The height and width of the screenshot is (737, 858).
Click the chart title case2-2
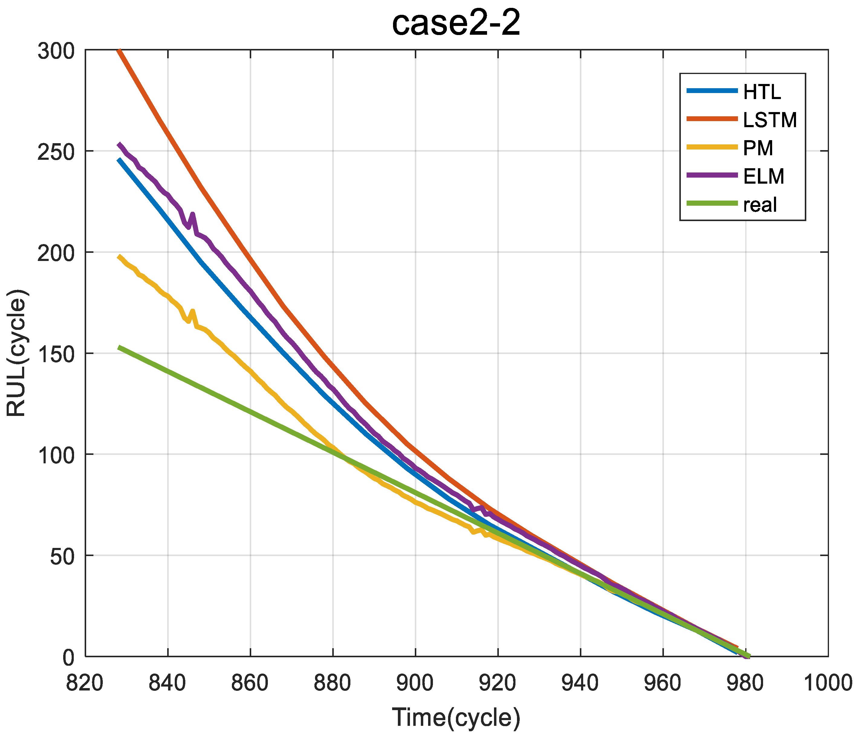456,24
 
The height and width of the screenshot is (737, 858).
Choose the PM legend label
758,148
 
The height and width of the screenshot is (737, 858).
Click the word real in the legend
760,204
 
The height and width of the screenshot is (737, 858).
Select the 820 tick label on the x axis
85,683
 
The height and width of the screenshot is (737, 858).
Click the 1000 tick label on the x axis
828,683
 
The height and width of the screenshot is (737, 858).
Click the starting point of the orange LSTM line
119,50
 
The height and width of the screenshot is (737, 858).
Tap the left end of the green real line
119,347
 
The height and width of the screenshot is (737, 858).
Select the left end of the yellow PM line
119,256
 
